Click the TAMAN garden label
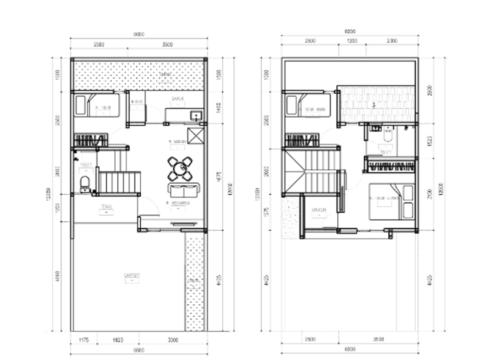(x=166, y=75)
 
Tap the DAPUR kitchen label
(x=178, y=99)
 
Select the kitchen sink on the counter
(x=196, y=115)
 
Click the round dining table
(x=180, y=168)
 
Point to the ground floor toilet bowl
(x=85, y=183)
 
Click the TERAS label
(x=106, y=208)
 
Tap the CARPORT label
(x=132, y=275)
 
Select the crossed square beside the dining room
(x=196, y=136)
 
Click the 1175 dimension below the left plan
(x=84, y=340)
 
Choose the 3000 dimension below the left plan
(x=173, y=340)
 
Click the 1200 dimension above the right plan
(x=353, y=41)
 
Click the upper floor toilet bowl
(x=388, y=137)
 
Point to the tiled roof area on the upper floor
(x=378, y=103)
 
